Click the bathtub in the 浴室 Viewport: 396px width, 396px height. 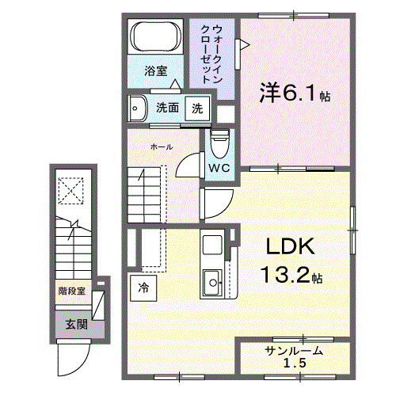pyautogui.click(x=157, y=36)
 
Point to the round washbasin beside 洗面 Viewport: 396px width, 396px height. pyautogui.click(x=139, y=108)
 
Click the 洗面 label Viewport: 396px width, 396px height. pyautogui.click(x=166, y=108)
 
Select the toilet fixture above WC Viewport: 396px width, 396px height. pyautogui.click(x=220, y=143)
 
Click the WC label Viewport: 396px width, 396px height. pyautogui.click(x=219, y=168)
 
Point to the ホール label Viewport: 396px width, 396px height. pyautogui.click(x=162, y=147)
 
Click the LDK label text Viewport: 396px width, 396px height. pyautogui.click(x=289, y=247)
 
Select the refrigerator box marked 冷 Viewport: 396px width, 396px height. pyautogui.click(x=144, y=286)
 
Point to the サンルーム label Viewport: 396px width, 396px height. pyautogui.click(x=294, y=351)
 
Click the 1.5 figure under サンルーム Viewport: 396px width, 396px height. pyautogui.click(x=295, y=363)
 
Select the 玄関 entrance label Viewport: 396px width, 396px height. pyautogui.click(x=74, y=324)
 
